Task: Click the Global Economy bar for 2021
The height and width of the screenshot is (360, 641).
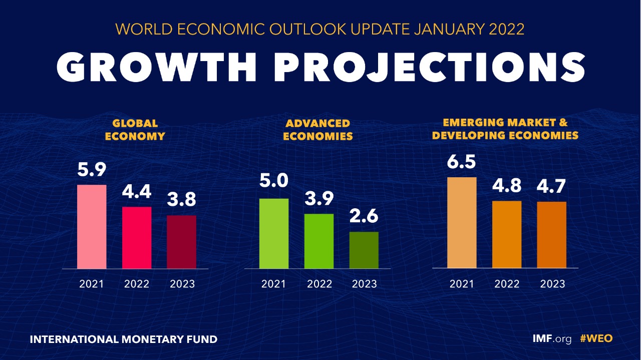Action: pos(91,226)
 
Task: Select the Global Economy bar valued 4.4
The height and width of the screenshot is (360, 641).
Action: pos(137,237)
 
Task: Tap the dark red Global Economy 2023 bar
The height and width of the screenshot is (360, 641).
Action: pos(182,242)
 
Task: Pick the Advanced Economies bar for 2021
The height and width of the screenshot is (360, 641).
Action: pos(274,233)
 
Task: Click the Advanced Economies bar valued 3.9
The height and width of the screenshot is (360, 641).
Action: pos(319,241)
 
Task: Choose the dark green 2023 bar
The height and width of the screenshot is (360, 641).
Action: pos(364,250)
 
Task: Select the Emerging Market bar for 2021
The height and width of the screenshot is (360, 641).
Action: pos(462,222)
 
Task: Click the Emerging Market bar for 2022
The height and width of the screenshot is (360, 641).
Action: pos(507,234)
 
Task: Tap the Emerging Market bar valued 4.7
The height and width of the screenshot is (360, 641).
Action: pos(552,235)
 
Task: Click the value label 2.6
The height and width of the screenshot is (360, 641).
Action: pos(364,217)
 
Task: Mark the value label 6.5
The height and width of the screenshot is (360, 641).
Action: pos(462,163)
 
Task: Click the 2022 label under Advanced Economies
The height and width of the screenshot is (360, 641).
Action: pos(319,284)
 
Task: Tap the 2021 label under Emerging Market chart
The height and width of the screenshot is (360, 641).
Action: pos(462,284)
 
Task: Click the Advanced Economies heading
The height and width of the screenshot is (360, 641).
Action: pos(318,130)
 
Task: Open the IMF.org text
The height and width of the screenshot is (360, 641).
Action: pos(551,339)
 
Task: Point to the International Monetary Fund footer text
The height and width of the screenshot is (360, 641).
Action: pos(124,339)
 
